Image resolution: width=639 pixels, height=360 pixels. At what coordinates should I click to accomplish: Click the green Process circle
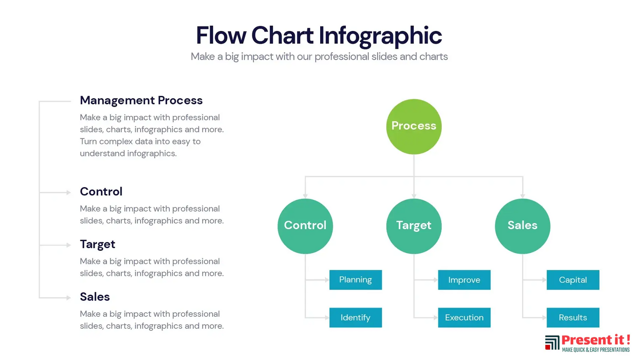(413, 126)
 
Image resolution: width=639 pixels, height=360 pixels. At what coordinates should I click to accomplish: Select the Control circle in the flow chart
(305, 226)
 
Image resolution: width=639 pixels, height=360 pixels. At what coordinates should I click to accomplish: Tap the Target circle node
(413, 226)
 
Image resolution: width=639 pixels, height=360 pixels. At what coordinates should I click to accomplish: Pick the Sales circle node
(522, 226)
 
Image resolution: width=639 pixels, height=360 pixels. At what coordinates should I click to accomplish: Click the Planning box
(355, 280)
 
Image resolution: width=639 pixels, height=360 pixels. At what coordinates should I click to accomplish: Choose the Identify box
(355, 318)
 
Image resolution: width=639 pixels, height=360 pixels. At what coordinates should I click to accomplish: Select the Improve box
(464, 280)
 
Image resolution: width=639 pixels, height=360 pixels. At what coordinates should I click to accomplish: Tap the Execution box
(464, 318)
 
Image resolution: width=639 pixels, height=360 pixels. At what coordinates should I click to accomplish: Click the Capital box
(573, 280)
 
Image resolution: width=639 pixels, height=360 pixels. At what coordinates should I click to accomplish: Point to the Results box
(573, 318)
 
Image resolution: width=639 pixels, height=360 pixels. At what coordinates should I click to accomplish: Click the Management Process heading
(141, 100)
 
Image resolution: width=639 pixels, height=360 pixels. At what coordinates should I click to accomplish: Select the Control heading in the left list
(101, 191)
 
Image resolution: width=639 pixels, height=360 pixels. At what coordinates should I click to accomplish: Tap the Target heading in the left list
(97, 244)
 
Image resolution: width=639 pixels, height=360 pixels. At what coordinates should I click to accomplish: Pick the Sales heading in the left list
(95, 297)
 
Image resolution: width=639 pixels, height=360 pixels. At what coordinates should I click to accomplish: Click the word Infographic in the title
(380, 35)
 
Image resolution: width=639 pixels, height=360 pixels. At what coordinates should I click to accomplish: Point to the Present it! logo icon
(552, 343)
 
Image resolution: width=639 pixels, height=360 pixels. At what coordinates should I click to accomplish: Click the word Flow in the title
(221, 35)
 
